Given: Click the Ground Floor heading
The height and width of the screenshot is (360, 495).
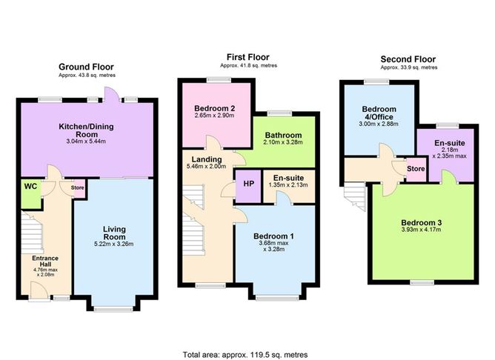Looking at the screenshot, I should pos(86,65).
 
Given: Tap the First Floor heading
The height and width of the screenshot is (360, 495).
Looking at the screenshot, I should pos(248,56).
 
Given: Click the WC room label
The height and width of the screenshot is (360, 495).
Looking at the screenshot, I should pos(30,186).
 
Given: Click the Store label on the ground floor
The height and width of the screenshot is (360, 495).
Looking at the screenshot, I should pos(78,187).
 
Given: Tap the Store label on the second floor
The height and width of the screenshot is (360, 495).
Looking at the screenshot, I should pos(415,169).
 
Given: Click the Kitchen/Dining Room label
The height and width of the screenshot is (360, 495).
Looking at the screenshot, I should pos(87,131).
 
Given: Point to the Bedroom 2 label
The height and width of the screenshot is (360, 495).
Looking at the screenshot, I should pos(205,108).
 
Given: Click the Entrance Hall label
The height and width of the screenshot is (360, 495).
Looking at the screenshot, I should pos(45,262).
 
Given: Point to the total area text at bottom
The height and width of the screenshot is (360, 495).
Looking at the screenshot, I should pos(245,354).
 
